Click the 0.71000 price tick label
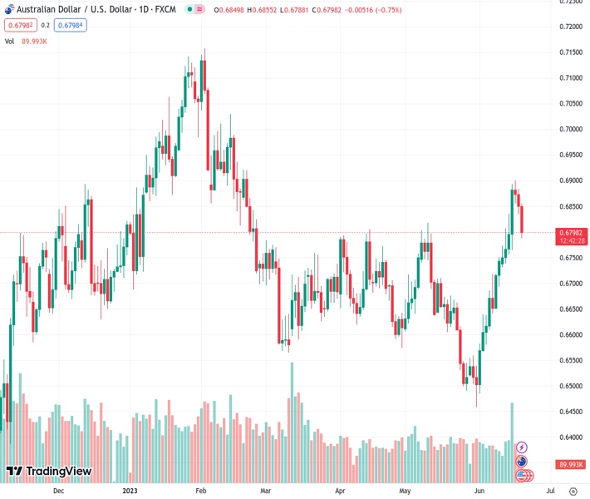(569, 78)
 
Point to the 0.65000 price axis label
(569, 387)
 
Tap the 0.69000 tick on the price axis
(569, 180)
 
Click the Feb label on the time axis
(200, 491)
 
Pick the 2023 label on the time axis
(130, 491)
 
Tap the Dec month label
(58, 491)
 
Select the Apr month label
(341, 491)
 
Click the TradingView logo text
(58, 472)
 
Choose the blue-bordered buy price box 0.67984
(71, 25)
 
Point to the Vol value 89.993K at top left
(34, 41)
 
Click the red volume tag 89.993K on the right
(572, 465)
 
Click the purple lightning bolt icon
(522, 447)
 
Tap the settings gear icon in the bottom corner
(573, 491)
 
